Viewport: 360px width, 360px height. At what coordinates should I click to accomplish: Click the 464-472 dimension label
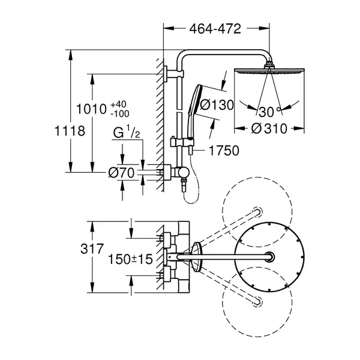point(215,29)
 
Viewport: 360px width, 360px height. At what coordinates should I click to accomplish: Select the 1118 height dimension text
point(70,131)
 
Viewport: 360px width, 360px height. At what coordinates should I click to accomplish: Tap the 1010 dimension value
point(91,109)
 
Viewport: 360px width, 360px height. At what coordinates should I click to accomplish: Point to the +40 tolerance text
point(118,104)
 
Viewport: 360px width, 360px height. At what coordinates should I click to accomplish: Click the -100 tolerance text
point(120,113)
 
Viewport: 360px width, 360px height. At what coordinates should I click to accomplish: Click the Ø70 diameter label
point(121,173)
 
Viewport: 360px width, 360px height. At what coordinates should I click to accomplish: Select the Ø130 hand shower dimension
point(217,105)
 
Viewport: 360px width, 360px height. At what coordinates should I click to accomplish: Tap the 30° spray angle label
point(269,112)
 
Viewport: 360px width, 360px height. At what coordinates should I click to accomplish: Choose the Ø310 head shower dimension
point(269,128)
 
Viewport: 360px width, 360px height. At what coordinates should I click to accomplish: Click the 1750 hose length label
point(224,151)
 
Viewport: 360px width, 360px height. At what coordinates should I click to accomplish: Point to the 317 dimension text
point(92,248)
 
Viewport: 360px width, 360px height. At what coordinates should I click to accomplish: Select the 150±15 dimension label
point(130,259)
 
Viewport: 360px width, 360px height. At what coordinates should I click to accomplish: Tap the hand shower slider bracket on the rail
point(182,142)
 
